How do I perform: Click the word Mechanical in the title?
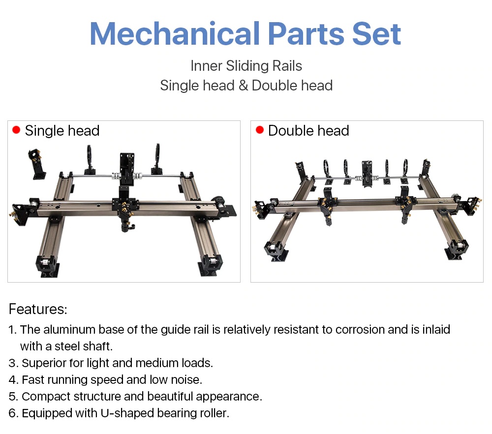click(x=175, y=33)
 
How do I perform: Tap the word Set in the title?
click(x=376, y=33)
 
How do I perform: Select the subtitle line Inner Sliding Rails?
click(x=246, y=66)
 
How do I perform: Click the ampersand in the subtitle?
click(x=243, y=86)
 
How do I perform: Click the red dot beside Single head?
click(x=16, y=130)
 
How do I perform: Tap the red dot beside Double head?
click(x=259, y=130)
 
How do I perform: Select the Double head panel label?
click(x=308, y=130)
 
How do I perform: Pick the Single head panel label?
click(x=62, y=130)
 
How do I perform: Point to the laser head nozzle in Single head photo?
click(x=126, y=225)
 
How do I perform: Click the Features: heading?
click(x=38, y=309)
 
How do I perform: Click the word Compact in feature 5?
click(x=46, y=396)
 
